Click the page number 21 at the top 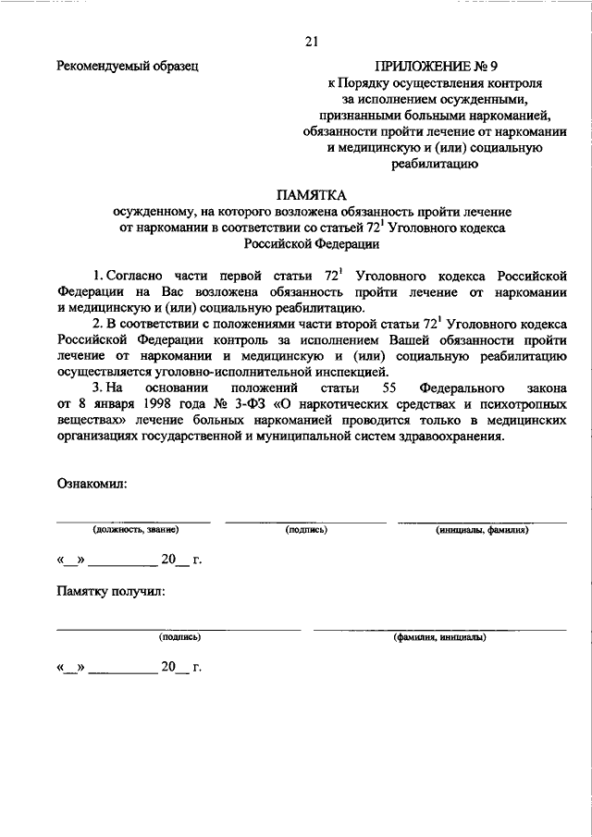click(x=311, y=41)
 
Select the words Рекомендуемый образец click(x=127, y=67)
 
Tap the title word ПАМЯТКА click(x=310, y=195)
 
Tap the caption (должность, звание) click(x=134, y=530)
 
